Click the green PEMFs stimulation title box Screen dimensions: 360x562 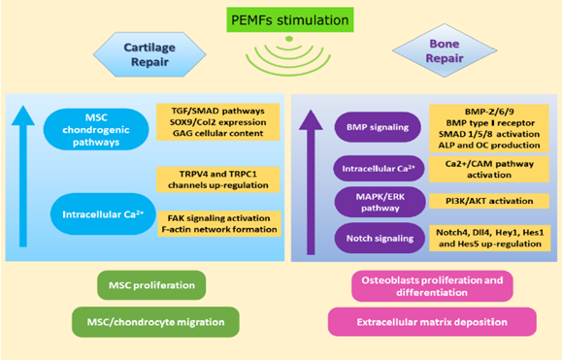click(x=281, y=17)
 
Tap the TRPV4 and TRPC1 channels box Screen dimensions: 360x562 click(x=215, y=179)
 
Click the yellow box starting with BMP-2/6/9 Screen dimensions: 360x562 click(x=482, y=125)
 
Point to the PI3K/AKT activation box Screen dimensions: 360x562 click(x=482, y=202)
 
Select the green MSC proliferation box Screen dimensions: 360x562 click(x=150, y=286)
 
